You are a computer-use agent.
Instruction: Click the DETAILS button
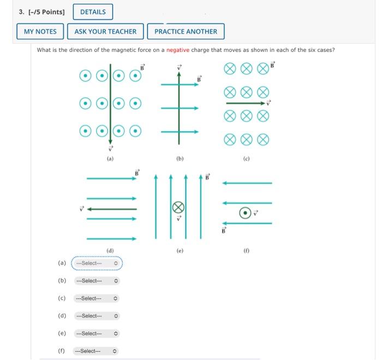[93, 11]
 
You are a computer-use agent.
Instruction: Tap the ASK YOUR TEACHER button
[105, 32]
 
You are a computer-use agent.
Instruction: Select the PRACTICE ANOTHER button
[186, 32]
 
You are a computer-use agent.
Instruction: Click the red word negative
[178, 50]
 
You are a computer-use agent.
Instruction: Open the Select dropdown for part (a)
[97, 263]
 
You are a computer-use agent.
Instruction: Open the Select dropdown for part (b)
[97, 281]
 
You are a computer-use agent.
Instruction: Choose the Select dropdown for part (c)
[97, 298]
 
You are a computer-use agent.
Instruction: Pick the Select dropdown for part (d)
[97, 316]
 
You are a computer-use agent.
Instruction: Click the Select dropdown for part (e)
[97, 333]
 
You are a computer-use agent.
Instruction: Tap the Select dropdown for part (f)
[95, 351]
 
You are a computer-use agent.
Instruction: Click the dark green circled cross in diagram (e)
[178, 208]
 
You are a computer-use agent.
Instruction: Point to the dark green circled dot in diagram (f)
[245, 213]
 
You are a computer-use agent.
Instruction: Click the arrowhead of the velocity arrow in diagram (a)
[110, 142]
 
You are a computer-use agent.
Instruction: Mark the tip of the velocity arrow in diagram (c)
[265, 103]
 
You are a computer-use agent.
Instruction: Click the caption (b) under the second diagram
[180, 159]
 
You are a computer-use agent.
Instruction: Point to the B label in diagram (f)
[224, 230]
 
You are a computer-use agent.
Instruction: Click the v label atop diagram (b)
[179, 68]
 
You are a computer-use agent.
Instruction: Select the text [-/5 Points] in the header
[46, 12]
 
